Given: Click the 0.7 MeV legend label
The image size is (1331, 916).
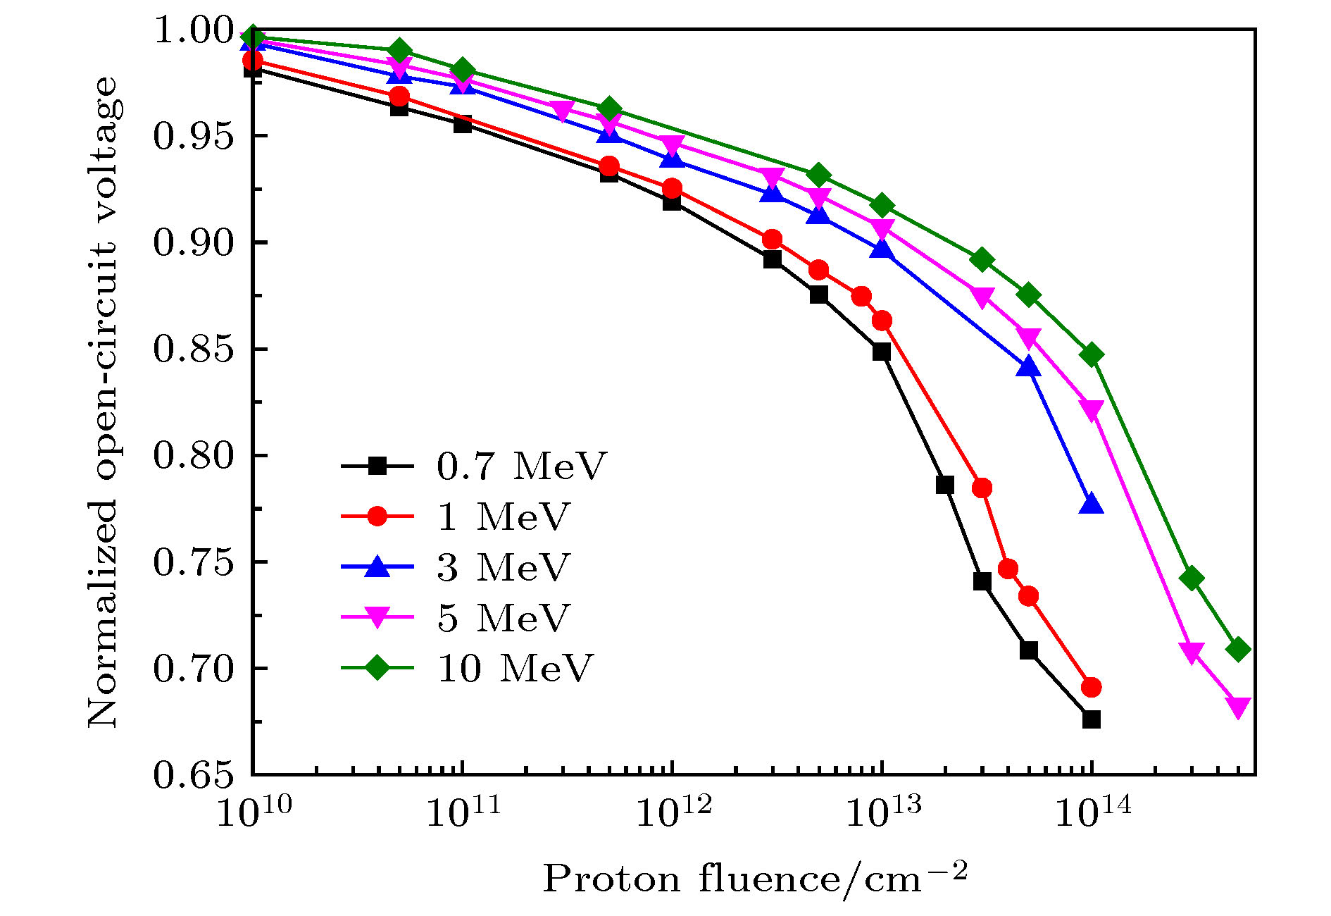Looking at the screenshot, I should point(521,466).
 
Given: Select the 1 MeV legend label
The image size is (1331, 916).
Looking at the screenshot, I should point(503,516).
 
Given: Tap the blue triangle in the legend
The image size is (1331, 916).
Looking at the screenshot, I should point(377,567).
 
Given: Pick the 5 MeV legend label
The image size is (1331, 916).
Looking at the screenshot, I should point(503,618).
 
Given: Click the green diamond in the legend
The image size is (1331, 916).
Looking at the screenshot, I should point(377,667).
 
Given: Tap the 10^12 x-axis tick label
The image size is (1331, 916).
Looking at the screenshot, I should point(673,812).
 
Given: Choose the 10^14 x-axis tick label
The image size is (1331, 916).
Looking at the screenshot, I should point(1092,812).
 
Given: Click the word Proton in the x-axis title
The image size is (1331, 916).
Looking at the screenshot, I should point(611,879).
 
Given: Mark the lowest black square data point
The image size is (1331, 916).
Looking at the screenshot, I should point(1092,719).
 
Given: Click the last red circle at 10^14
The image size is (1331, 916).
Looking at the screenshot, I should point(1092,687).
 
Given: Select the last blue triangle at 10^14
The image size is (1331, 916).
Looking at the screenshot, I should point(1092,505).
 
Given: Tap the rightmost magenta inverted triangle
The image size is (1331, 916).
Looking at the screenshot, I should point(1238,707).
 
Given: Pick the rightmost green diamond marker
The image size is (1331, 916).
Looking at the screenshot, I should point(1238,650).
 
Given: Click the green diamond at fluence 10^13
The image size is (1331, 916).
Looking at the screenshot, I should point(882,206).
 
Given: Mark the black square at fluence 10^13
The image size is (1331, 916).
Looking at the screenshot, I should point(882,352).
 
